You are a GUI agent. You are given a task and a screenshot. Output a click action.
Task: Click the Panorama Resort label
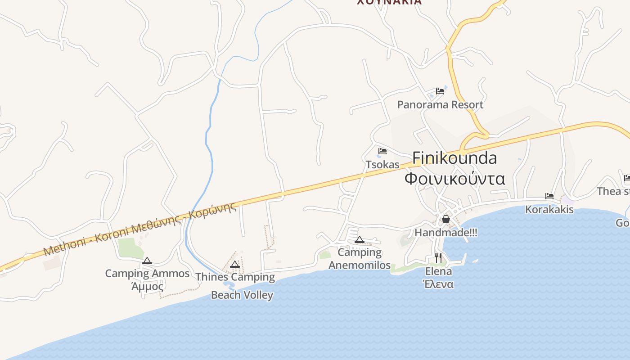click(x=440, y=105)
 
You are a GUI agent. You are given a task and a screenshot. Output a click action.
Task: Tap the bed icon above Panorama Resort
click(x=440, y=91)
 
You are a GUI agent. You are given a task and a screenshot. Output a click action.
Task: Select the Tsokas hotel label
click(x=382, y=165)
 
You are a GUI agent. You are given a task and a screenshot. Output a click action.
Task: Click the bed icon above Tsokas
click(x=382, y=151)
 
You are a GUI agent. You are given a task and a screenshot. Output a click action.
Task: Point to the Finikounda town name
click(x=454, y=158)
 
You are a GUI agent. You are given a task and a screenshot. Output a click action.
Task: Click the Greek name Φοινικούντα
click(x=454, y=179)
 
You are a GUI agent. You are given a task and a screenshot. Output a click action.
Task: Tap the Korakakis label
click(x=549, y=210)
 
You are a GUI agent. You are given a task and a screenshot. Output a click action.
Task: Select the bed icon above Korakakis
click(x=549, y=196)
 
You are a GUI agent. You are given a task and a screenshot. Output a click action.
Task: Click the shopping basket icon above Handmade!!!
click(x=445, y=219)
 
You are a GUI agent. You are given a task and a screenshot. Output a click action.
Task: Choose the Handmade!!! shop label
click(x=445, y=233)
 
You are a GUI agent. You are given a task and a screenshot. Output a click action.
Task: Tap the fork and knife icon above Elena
click(x=438, y=258)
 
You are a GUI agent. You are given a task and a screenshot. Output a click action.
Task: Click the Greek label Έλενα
click(x=438, y=284)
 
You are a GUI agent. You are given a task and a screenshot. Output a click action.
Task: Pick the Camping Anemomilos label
click(x=360, y=259)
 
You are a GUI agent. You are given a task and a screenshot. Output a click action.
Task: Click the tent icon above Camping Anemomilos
click(x=359, y=239)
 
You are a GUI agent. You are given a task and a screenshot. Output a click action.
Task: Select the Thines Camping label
click(x=235, y=277)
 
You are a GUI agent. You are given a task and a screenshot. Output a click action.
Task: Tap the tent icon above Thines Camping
click(x=234, y=264)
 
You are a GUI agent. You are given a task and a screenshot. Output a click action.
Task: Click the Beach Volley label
click(x=242, y=295)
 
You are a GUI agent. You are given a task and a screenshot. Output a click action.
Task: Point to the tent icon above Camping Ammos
click(x=147, y=261)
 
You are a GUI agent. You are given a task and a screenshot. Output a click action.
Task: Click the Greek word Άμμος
click(x=147, y=286)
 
